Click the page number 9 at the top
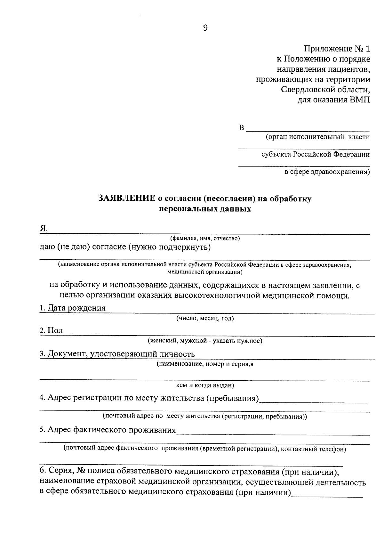pos(205,28)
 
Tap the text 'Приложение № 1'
pos(337,49)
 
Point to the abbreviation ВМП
pos(359,100)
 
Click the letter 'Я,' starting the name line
pos(44,228)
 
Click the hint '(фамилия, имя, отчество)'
pos(205,239)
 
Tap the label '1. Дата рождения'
pos(73,308)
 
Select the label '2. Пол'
pos(52,331)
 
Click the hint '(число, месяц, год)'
pos(205,318)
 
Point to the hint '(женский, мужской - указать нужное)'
pos(205,341)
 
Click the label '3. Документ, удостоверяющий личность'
pos(117,354)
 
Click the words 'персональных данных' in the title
pos(205,209)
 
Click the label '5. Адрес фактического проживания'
pos(108,430)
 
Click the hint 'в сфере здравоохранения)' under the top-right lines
pos(327,172)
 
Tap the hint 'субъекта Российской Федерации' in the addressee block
pos(315,155)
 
